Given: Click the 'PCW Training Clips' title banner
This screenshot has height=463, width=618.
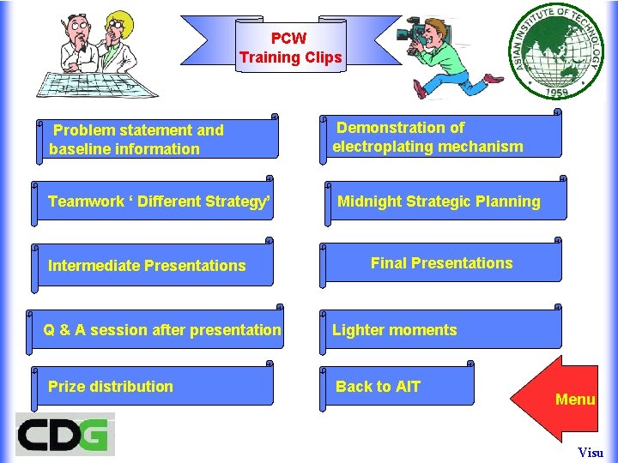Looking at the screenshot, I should tap(290, 48).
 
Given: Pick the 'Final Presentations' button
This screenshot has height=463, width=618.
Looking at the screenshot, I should tap(441, 263).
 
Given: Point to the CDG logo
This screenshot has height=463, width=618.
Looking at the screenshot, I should tap(65, 434).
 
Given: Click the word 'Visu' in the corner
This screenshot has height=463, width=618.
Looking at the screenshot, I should tap(591, 453).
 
